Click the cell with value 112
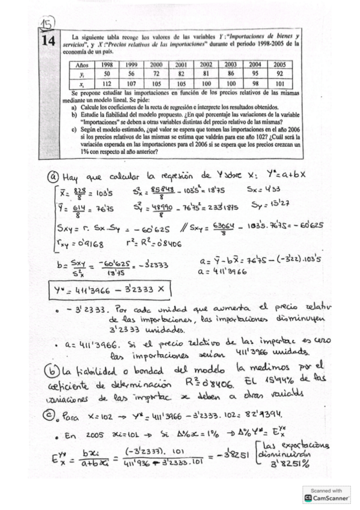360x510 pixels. [x=108, y=84]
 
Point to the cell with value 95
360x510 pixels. [x=255, y=74]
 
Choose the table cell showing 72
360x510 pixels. [x=156, y=74]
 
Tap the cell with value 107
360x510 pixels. [x=132, y=84]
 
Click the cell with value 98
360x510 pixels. [x=255, y=84]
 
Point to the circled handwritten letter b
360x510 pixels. [x=52, y=366]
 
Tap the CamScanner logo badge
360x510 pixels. [x=328, y=494]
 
